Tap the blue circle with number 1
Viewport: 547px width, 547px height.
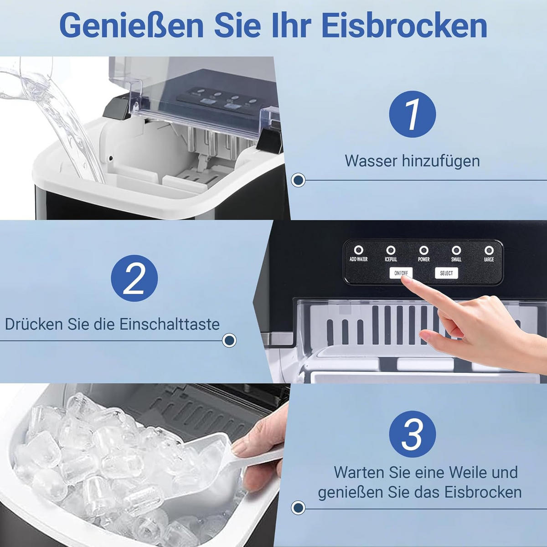point(412,114)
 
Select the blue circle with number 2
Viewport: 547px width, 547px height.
point(134,278)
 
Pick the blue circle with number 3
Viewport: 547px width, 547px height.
point(412,434)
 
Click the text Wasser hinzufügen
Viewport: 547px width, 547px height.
point(412,161)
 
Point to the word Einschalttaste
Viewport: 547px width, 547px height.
point(170,324)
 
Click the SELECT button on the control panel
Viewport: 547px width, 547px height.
point(446,273)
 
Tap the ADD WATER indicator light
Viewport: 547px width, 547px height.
point(359,250)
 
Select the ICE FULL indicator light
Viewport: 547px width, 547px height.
point(391,250)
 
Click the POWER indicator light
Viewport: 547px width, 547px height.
point(423,250)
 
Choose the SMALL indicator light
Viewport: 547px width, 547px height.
point(456,250)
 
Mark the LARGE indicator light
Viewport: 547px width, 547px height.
point(489,250)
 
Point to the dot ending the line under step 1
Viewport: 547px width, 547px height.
point(298,181)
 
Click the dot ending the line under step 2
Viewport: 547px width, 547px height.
point(229,341)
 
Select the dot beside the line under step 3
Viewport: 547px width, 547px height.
point(298,507)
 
